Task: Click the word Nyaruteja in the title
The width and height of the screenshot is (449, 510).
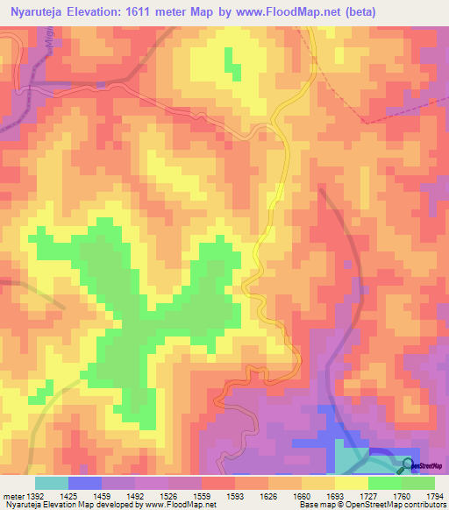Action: click(39, 11)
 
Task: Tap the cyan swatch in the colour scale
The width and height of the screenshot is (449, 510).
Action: click(51, 483)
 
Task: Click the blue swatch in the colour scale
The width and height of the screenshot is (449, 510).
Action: click(84, 483)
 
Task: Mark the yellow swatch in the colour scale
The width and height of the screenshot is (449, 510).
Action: click(351, 483)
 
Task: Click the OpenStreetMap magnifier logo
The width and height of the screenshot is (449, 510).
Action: click(407, 464)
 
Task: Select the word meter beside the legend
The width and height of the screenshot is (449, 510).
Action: click(12, 497)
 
